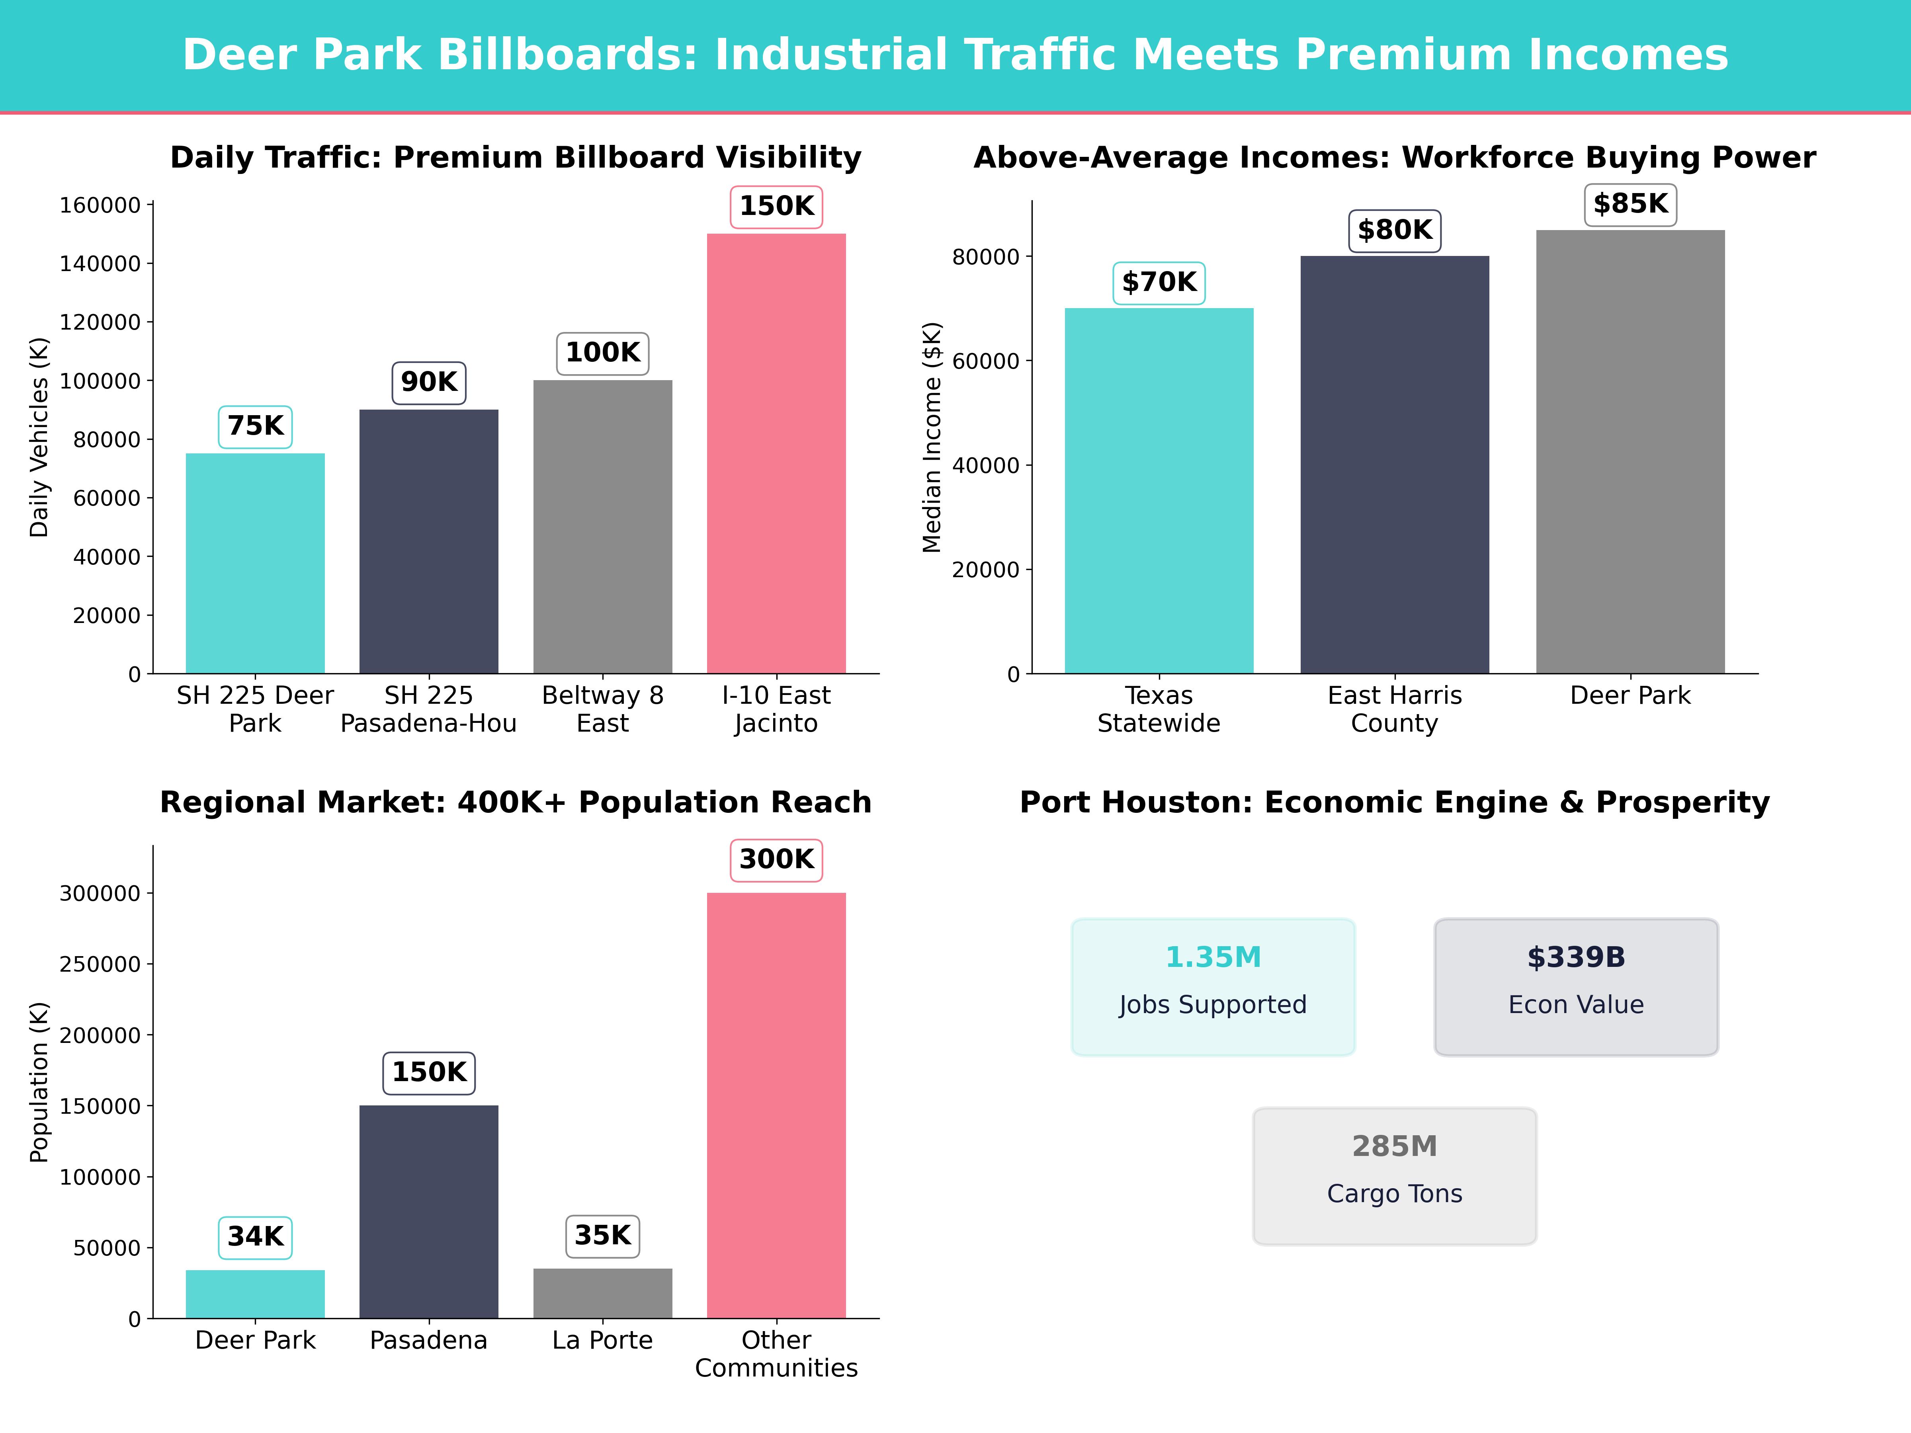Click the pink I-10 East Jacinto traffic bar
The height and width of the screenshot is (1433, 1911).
pos(776,453)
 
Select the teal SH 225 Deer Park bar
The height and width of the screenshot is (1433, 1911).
pos(255,563)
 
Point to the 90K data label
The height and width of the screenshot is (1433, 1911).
pos(428,382)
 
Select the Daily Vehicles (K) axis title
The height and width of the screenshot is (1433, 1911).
pos(39,437)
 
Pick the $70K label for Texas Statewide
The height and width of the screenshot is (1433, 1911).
pos(1159,283)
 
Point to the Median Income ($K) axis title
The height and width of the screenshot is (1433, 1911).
pos(931,437)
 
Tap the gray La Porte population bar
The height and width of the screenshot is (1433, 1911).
pos(602,1293)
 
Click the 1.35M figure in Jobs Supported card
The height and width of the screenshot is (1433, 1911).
pos(1213,957)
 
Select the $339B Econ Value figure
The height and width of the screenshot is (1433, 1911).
pos(1576,957)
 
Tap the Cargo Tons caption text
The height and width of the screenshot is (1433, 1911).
pos(1394,1194)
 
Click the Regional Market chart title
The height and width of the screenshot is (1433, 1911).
pos(516,802)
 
